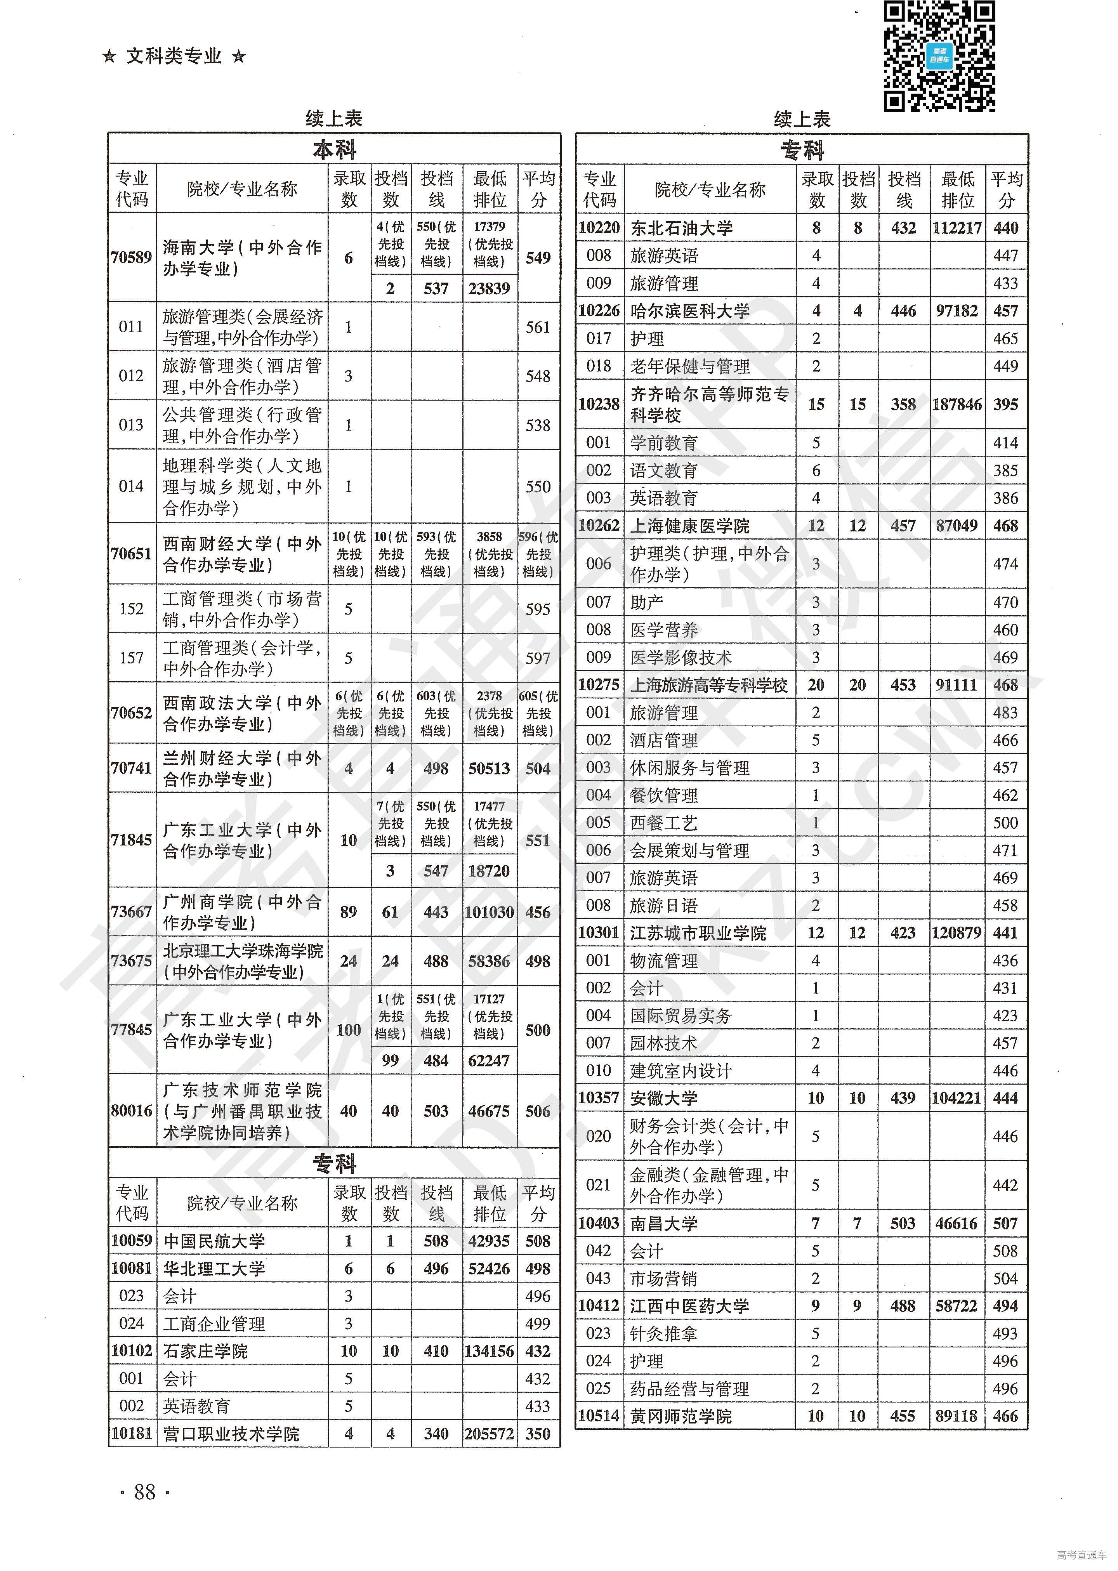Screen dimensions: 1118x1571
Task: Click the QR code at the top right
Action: coord(939,56)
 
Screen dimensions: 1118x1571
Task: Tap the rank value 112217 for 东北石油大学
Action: coord(957,228)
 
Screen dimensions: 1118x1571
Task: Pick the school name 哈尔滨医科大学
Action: coord(690,311)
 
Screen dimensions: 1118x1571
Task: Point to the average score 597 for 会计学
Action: coord(538,658)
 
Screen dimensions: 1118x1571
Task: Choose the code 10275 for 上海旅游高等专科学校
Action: coord(599,685)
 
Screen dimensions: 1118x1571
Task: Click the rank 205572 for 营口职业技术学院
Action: coord(489,1434)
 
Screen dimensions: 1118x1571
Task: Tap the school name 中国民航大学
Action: coord(214,1241)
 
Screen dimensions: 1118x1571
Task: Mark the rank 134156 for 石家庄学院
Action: coord(489,1351)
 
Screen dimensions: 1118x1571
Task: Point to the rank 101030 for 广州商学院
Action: coord(489,912)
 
